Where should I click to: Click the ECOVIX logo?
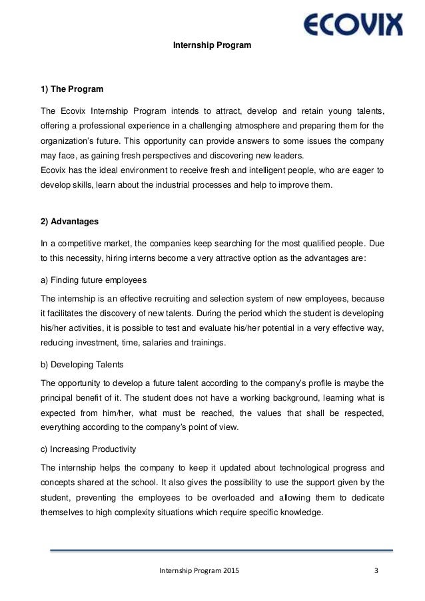pos(353,26)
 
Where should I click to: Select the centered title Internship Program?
pos(212,46)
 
